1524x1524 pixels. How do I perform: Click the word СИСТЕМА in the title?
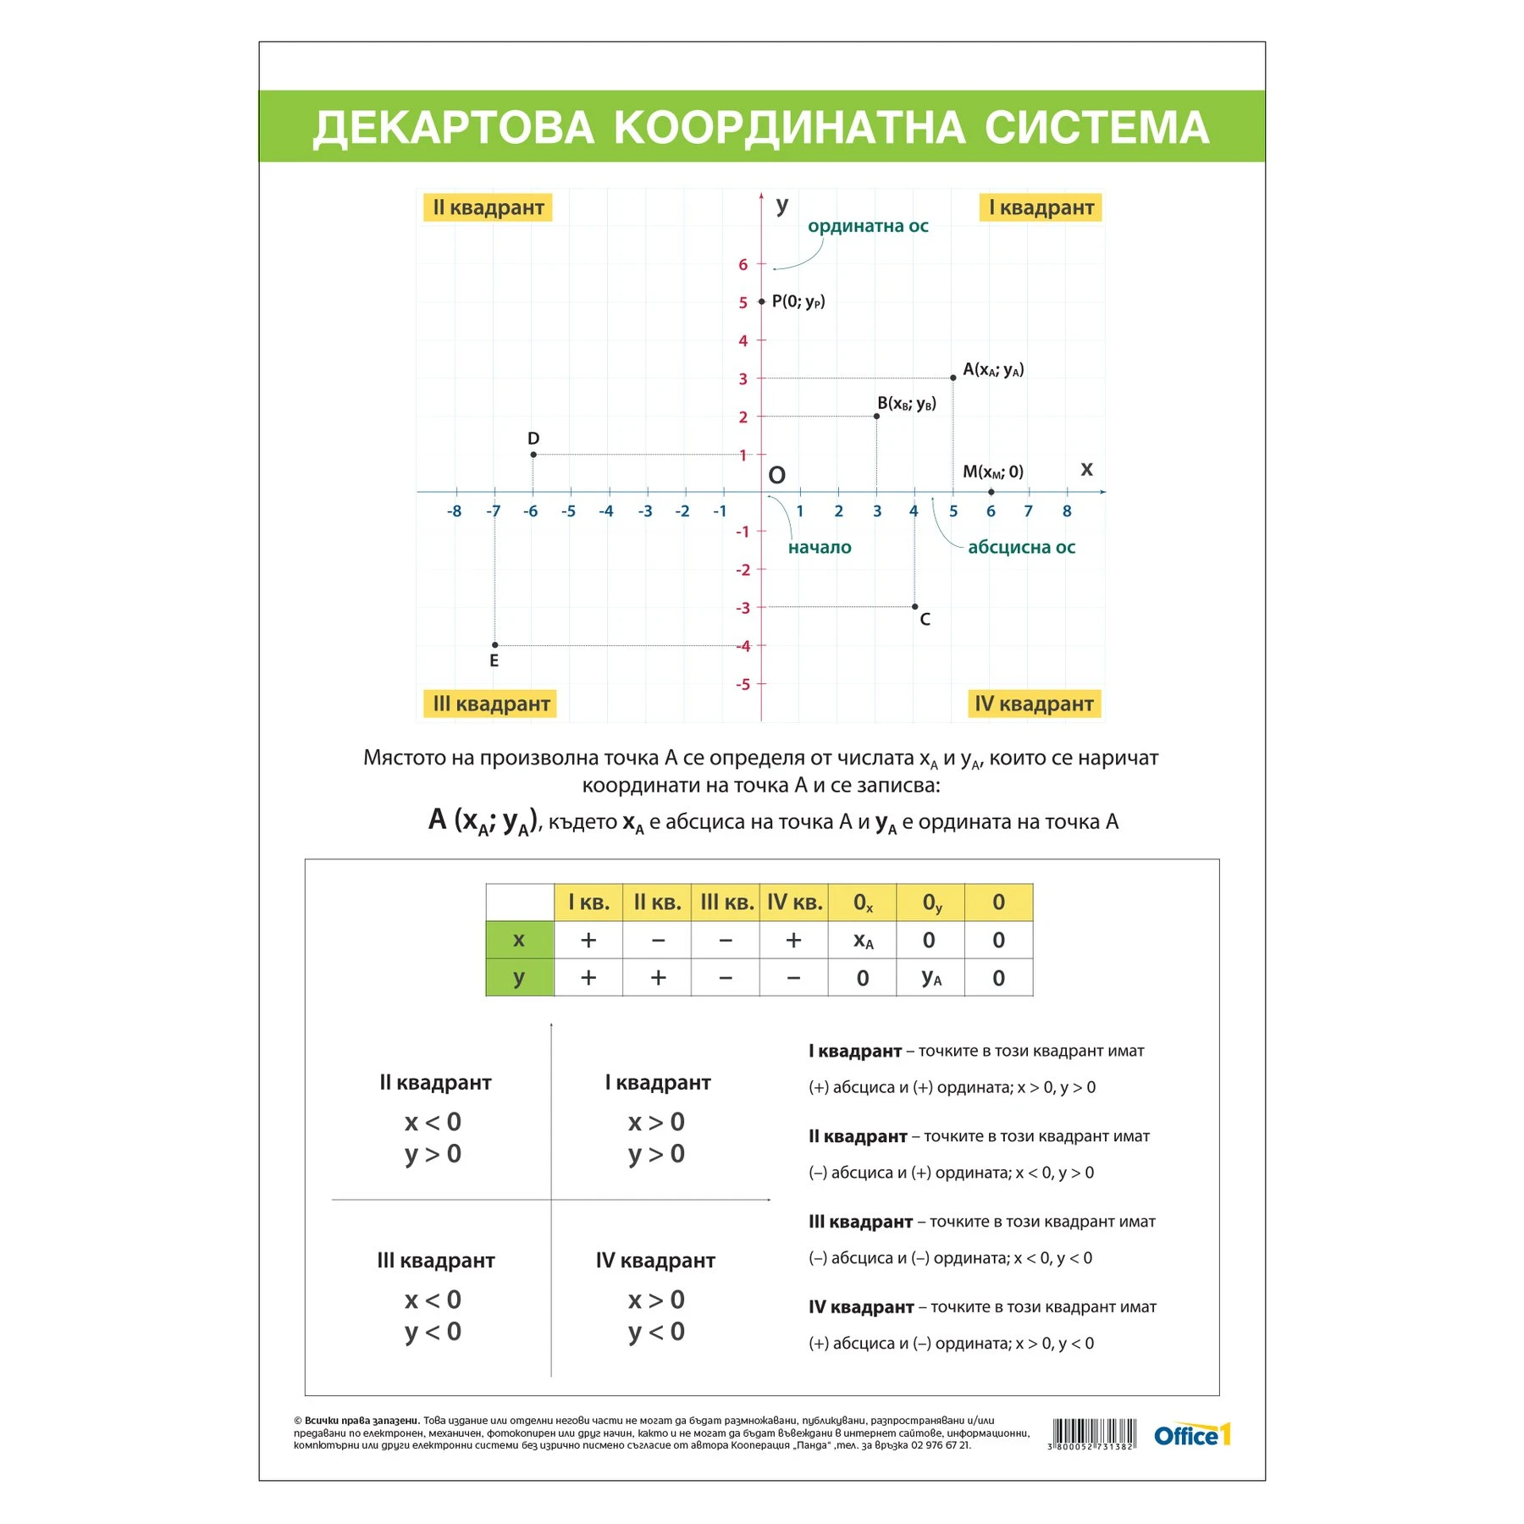point(1096,128)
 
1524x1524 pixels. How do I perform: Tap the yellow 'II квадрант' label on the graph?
point(488,207)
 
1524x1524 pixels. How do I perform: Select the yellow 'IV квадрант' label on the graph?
point(1034,704)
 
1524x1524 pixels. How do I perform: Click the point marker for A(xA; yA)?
point(953,378)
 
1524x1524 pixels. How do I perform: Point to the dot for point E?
point(495,645)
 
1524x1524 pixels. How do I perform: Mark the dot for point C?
point(915,606)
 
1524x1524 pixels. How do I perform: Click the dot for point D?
point(533,455)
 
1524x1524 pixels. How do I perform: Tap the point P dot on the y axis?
point(762,301)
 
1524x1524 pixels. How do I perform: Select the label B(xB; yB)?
point(907,403)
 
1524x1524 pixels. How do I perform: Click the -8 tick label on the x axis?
point(455,511)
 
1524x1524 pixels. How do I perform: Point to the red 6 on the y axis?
point(743,264)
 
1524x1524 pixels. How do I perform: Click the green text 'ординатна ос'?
point(868,226)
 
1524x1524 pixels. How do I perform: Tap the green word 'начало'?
point(820,547)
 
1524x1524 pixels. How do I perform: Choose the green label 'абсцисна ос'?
point(1021,547)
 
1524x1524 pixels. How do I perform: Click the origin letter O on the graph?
point(776,476)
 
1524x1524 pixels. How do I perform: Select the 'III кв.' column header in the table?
point(726,903)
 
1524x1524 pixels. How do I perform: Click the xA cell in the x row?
point(863,941)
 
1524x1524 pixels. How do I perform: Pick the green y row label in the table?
point(519,978)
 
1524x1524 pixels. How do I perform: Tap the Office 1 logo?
point(1192,1435)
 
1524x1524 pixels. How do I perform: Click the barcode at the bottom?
point(1093,1433)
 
